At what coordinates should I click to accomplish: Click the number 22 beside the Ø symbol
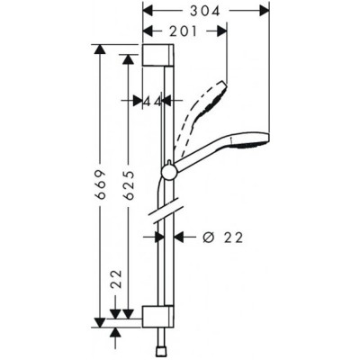point(232,238)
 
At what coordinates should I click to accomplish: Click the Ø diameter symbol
point(206,238)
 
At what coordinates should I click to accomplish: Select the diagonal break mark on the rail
point(162,216)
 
